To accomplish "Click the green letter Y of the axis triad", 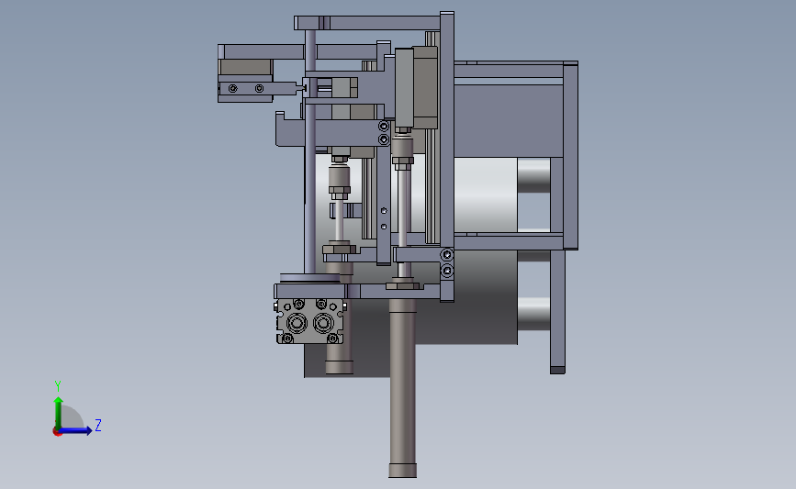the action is click(57, 386).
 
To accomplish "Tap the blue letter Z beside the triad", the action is click(98, 425).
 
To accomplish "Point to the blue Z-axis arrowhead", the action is click(89, 430).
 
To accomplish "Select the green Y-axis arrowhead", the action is click(59, 401).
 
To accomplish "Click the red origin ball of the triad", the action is click(57, 432).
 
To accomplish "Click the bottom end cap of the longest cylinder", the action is click(402, 471).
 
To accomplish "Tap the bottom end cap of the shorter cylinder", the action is click(339, 367).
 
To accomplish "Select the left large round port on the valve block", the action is click(297, 323).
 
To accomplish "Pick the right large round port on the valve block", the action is click(323, 323).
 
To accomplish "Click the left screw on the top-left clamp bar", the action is click(233, 89).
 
